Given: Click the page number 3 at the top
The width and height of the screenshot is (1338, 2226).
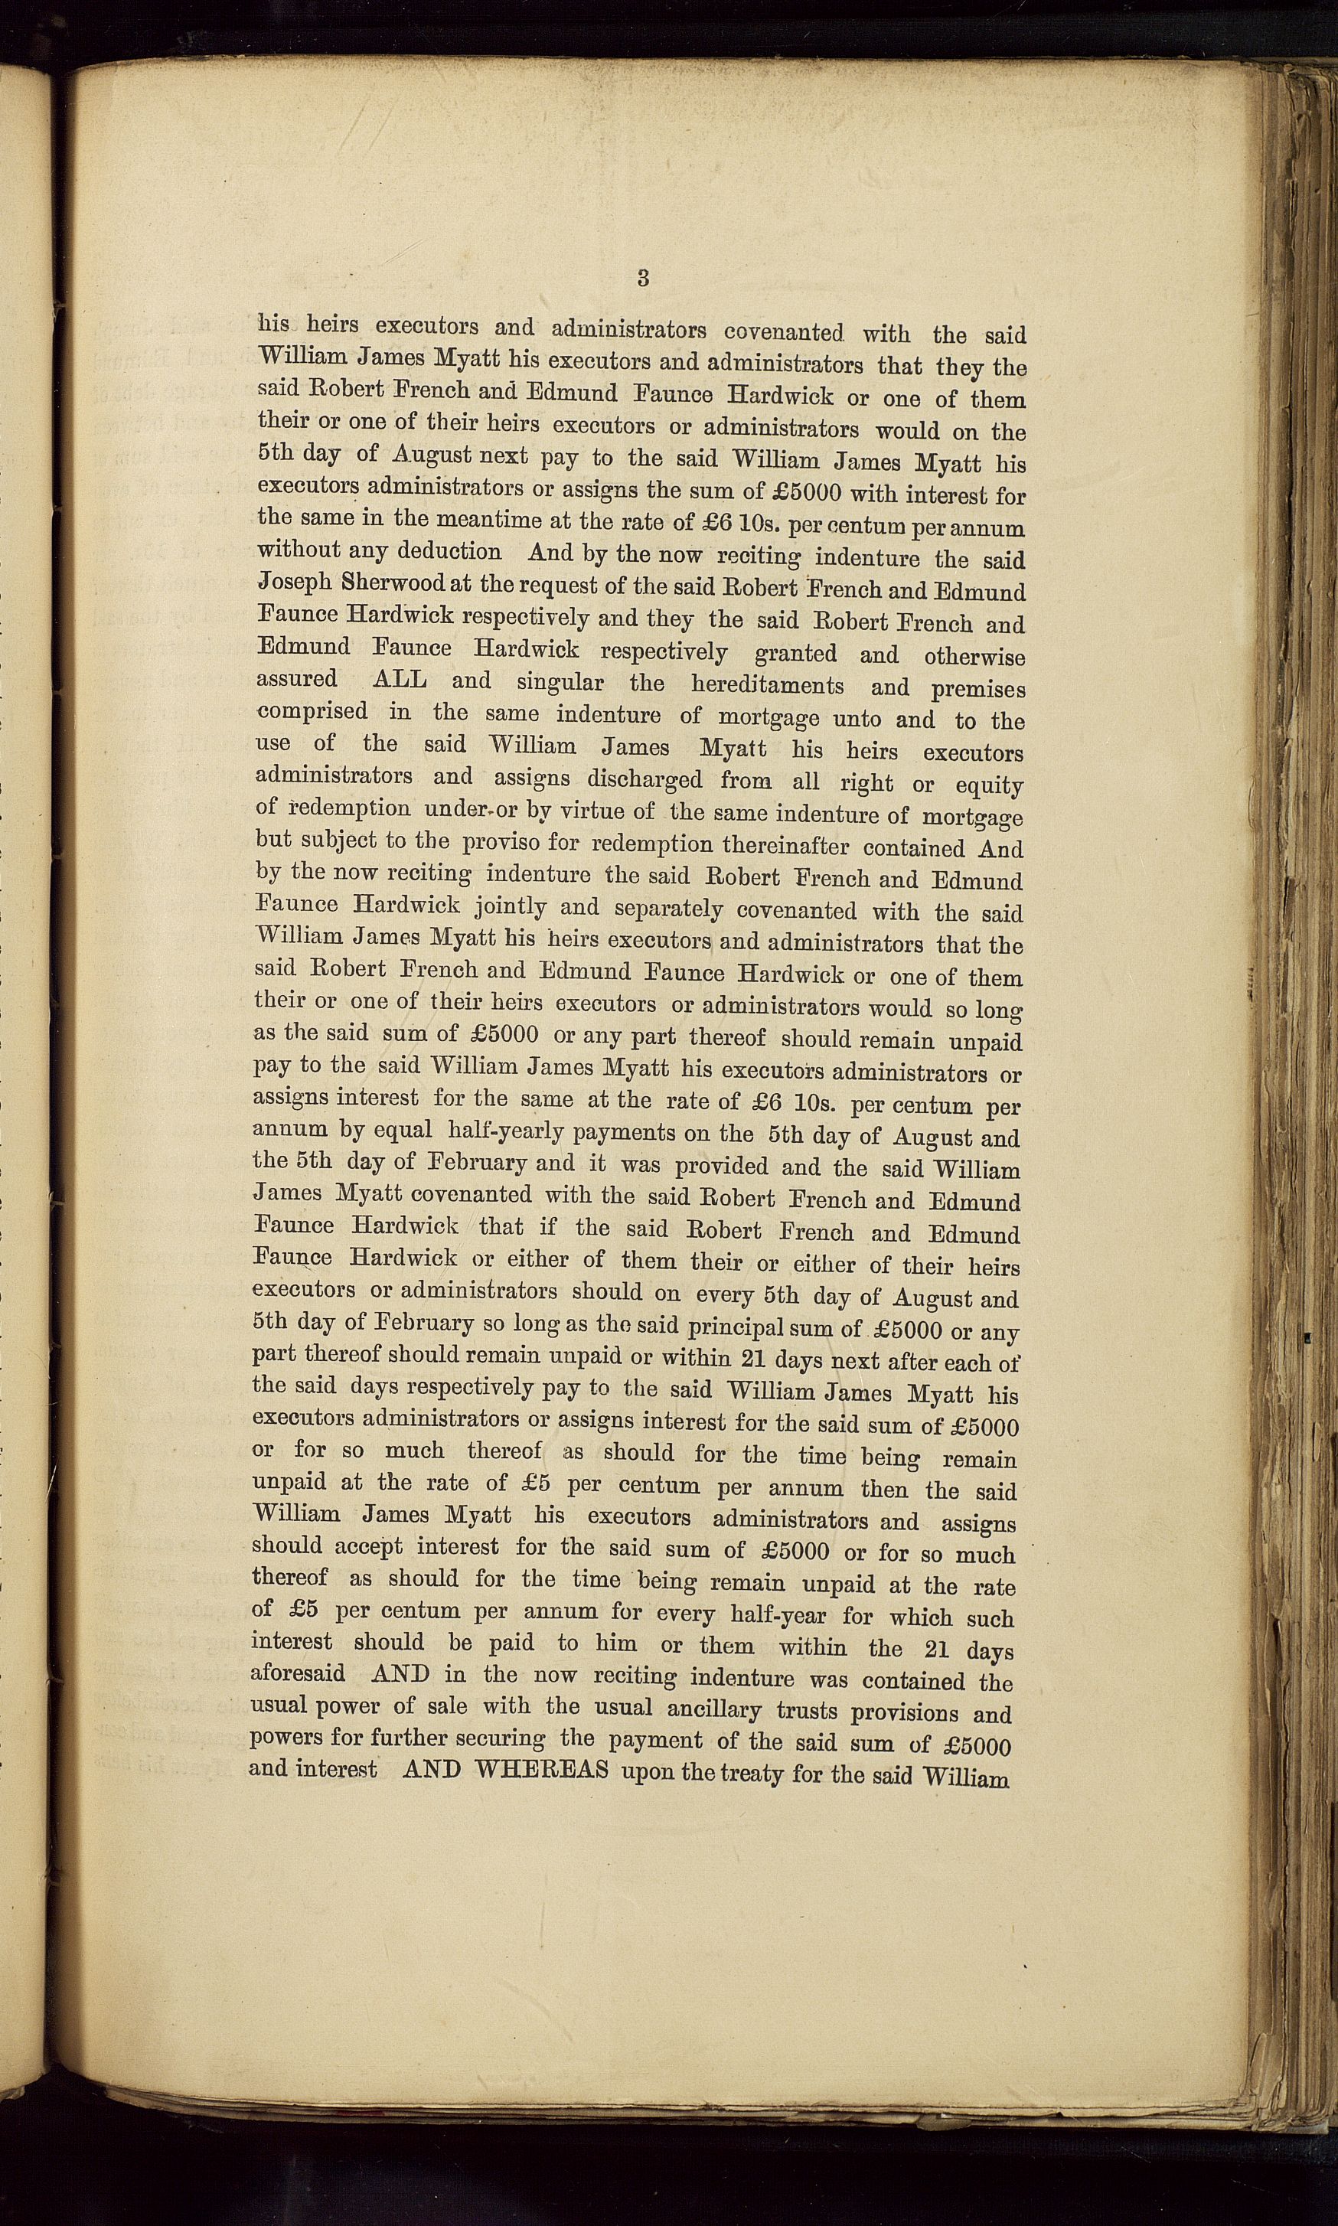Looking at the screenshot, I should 642,278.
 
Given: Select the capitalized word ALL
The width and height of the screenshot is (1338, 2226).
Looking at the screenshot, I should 400,680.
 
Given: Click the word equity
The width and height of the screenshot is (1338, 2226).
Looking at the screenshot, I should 989,785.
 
